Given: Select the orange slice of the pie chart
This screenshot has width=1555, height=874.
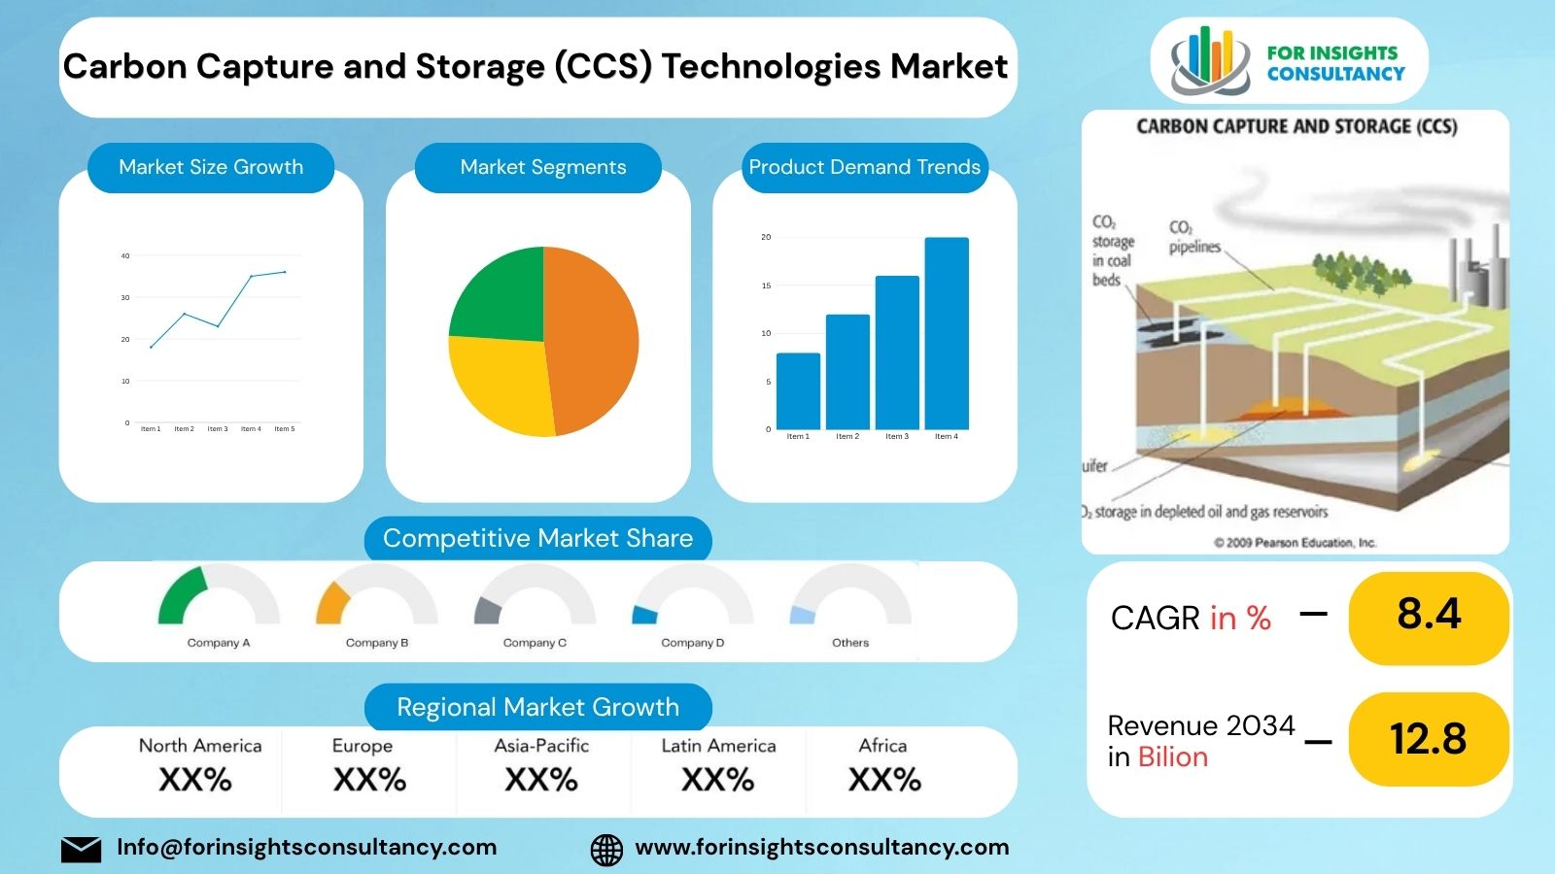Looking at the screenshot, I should (593, 340).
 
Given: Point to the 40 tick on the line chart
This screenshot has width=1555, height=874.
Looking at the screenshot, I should (125, 256).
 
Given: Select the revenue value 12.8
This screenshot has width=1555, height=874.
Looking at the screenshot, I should (1429, 739).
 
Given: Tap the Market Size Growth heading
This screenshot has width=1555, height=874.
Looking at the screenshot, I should (211, 167).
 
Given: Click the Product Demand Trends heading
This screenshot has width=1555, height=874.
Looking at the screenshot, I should (864, 167).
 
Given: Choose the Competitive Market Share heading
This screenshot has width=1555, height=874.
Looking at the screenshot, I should (537, 539).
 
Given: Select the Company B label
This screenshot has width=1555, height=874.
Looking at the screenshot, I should (377, 643).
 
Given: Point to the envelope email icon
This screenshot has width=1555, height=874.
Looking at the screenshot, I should (81, 850).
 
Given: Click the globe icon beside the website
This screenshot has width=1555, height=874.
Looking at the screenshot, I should (606, 850).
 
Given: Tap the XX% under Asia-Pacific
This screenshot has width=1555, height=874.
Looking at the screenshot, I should (541, 780).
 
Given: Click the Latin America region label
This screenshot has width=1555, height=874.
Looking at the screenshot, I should (718, 746).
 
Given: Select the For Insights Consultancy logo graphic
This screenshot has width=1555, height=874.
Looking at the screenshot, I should (1208, 60).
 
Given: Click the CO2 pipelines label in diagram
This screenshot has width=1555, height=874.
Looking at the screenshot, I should (1193, 238).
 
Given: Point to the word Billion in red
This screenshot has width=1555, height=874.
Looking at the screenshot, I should (1172, 757).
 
